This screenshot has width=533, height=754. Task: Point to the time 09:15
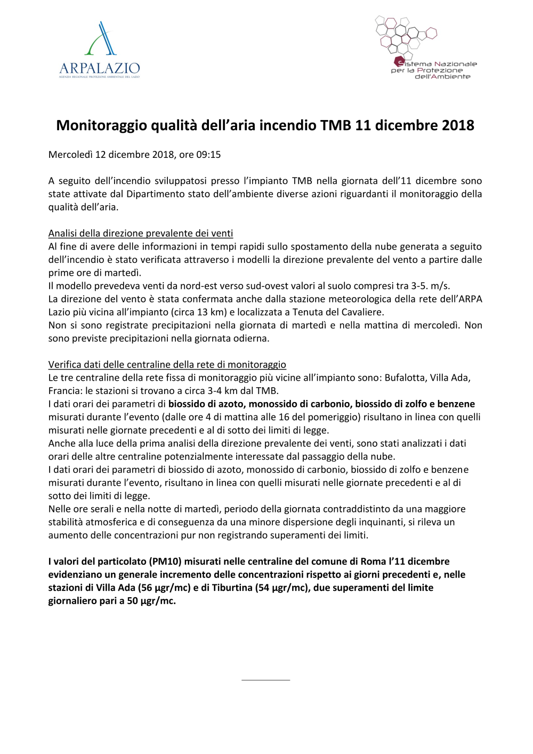tap(208, 155)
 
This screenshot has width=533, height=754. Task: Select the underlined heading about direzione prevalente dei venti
tap(141, 233)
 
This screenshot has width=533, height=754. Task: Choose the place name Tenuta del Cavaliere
tap(338, 312)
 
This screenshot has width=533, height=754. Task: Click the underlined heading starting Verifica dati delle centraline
tap(167, 365)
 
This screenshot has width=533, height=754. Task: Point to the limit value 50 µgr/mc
tap(151, 601)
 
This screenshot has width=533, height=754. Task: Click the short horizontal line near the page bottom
tap(265, 680)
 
